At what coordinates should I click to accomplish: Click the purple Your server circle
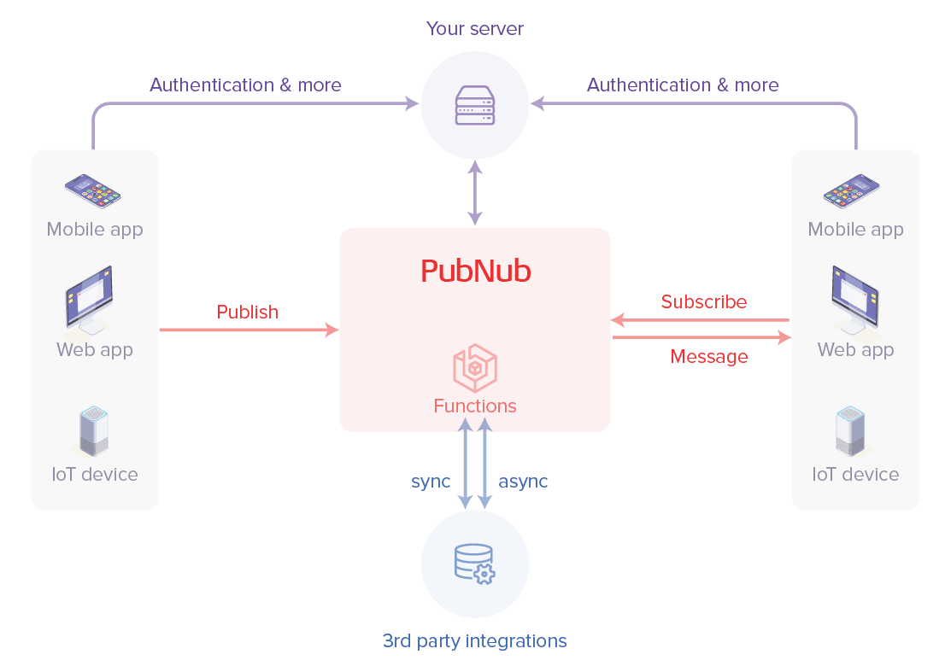[475, 104]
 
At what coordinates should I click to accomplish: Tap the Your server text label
[475, 29]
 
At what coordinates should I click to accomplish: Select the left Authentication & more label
[245, 85]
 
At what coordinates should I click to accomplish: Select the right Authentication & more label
[683, 85]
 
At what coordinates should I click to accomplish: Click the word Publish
[248, 313]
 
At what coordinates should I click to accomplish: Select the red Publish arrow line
[248, 330]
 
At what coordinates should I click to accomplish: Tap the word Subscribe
[704, 302]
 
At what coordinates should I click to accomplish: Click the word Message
[709, 357]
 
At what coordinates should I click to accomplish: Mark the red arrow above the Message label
[701, 338]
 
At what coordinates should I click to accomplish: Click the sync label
[431, 482]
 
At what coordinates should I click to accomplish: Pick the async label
[522, 482]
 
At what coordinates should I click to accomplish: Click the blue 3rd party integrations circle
[475, 564]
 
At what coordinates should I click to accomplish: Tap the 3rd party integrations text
[475, 640]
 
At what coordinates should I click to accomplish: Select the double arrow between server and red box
[475, 194]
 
